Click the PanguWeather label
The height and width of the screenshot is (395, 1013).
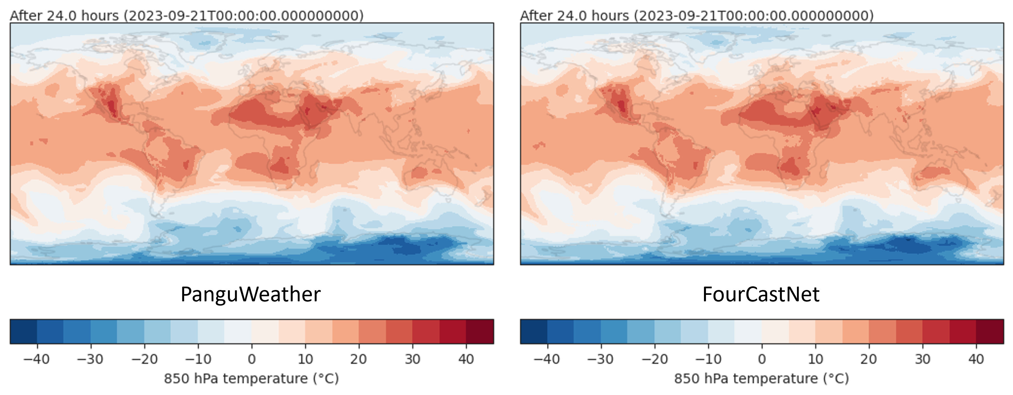coord(251,294)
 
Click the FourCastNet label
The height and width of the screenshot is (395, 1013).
coord(761,294)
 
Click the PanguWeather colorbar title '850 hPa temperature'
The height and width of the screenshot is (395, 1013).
coord(251,379)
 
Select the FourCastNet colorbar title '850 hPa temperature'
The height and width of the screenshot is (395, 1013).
coord(761,379)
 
